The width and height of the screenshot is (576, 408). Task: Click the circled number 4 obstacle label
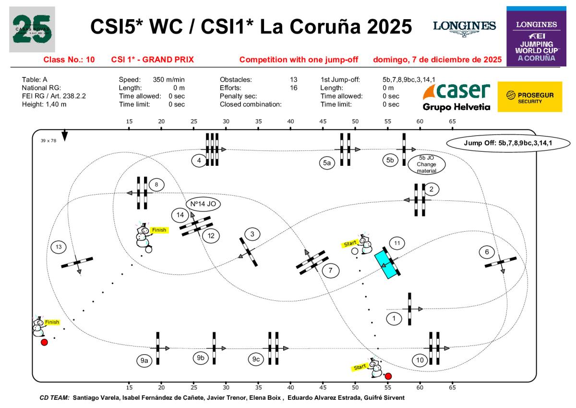[x=199, y=161]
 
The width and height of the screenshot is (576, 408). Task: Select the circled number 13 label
[x=59, y=247]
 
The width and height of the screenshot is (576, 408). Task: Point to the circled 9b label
[x=201, y=358]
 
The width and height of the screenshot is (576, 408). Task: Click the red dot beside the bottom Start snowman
[x=388, y=376]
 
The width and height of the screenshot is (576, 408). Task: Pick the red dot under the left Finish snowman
[x=44, y=342]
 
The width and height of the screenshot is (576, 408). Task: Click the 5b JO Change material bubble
[x=427, y=164]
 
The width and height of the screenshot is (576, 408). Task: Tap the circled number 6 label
[x=487, y=252]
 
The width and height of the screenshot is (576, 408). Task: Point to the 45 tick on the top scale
[x=323, y=122]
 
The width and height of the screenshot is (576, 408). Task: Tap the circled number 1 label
[x=394, y=318]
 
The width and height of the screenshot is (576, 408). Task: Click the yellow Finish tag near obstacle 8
[x=158, y=230]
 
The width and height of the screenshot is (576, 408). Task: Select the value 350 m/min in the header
[x=169, y=79]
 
